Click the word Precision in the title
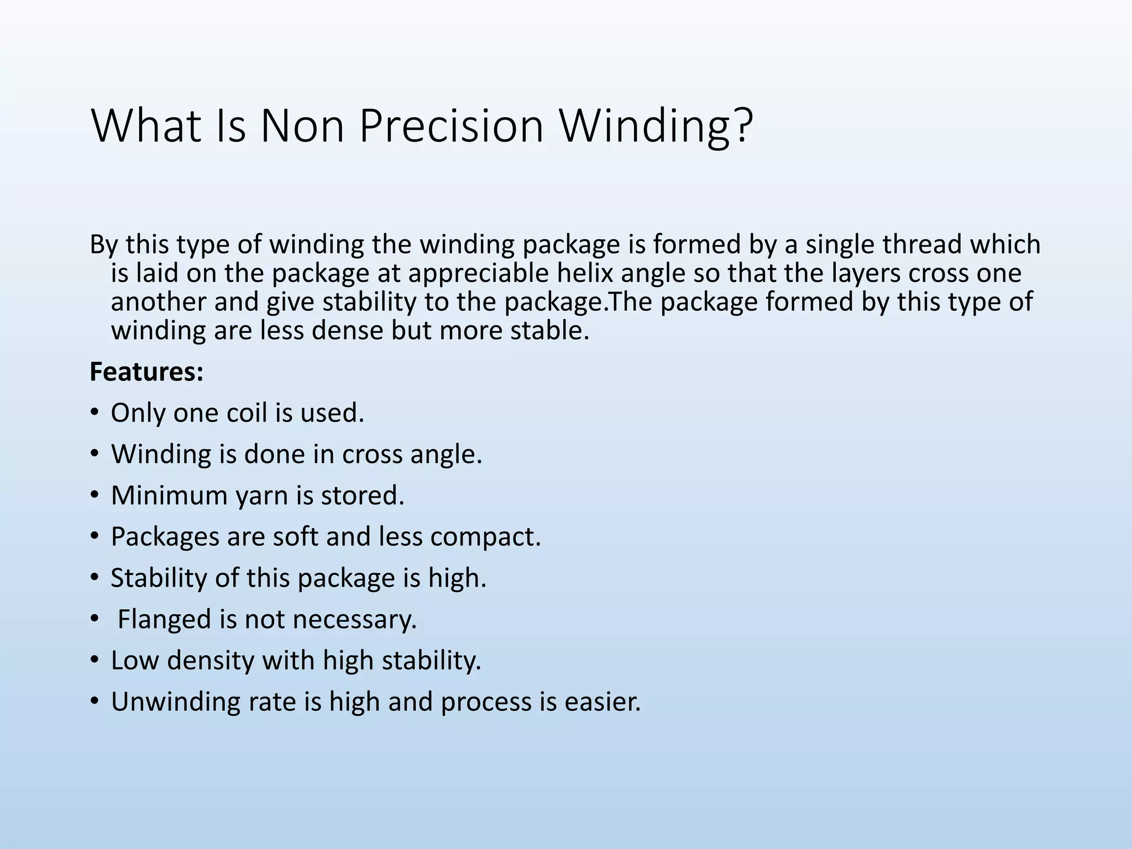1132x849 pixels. pyautogui.click(x=451, y=126)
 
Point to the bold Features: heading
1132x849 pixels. pyautogui.click(x=146, y=372)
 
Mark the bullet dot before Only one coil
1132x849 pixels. pyautogui.click(x=95, y=413)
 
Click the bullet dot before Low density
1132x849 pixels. pyautogui.click(x=95, y=661)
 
